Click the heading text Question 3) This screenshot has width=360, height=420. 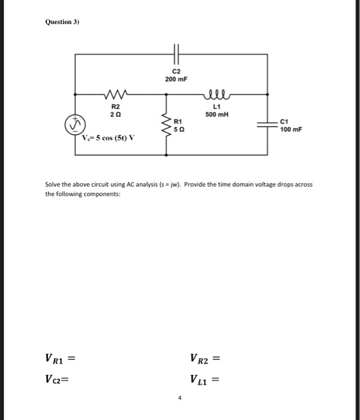(x=62, y=22)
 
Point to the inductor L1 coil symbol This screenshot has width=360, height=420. (x=215, y=94)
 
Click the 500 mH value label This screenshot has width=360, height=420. (x=215, y=115)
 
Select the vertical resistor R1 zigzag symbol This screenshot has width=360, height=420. (x=166, y=124)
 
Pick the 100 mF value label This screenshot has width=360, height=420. (x=293, y=130)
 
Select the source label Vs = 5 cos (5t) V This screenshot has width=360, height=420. (x=109, y=137)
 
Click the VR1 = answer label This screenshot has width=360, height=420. (x=62, y=360)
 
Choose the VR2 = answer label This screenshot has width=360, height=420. (x=205, y=360)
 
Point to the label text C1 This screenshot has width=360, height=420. (x=286, y=122)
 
